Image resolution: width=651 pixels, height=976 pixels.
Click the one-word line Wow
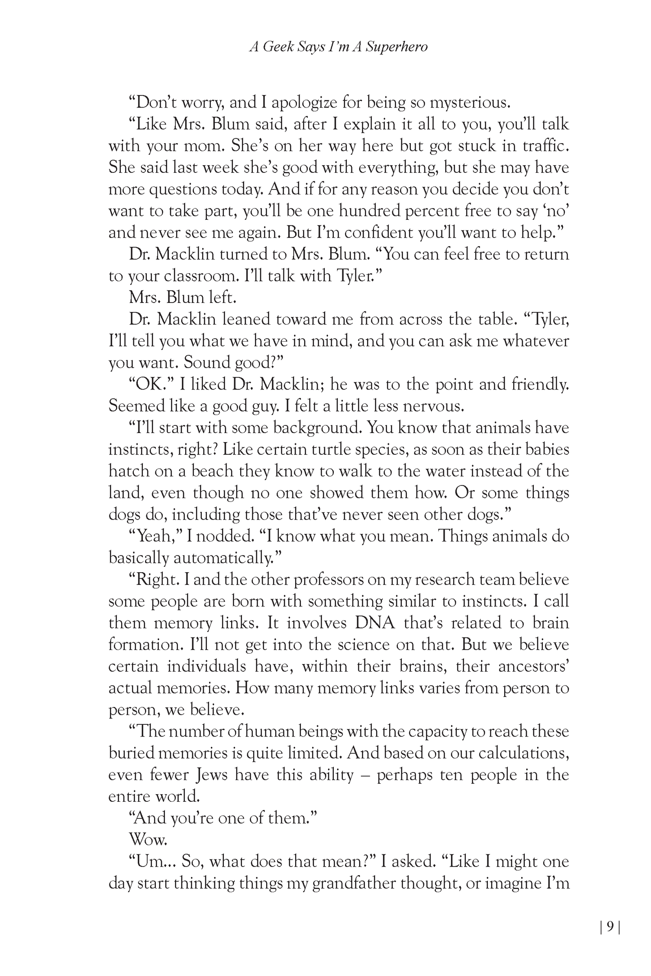point(143,839)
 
